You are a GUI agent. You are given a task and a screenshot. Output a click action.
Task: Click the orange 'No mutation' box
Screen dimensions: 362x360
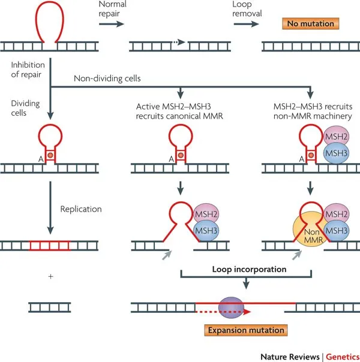click(x=310, y=25)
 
